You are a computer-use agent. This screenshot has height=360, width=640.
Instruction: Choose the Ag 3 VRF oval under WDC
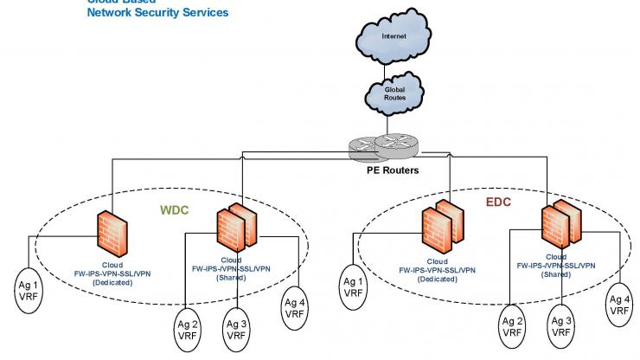coord(236,330)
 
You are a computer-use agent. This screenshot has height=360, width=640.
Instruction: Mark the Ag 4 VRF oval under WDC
coord(297,306)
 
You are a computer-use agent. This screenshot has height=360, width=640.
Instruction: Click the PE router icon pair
coord(388,147)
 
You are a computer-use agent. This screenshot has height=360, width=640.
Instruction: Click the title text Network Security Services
coord(157,13)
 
